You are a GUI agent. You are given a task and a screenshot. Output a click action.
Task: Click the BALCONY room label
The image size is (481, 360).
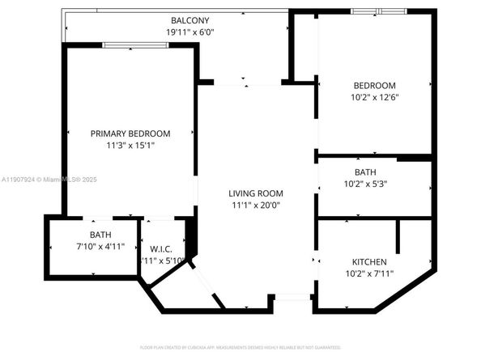189,20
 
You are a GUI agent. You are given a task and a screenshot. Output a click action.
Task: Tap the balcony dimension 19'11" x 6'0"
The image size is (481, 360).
189,32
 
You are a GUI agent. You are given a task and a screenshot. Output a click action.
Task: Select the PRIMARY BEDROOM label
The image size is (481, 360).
130,133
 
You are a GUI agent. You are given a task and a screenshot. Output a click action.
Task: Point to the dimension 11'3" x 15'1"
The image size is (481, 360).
130,146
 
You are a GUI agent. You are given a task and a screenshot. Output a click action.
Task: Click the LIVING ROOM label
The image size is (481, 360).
255,193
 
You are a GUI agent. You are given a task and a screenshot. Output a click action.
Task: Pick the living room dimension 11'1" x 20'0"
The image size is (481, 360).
255,205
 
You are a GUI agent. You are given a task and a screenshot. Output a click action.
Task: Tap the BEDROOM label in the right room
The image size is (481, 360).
374,86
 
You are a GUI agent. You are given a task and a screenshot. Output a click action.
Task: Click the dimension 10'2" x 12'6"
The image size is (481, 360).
374,97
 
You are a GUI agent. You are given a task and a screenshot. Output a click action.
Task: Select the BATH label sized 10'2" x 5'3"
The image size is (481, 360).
365,172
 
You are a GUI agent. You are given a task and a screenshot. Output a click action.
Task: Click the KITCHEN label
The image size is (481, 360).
368,262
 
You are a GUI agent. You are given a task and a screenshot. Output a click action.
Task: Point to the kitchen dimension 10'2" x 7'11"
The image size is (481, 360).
368,274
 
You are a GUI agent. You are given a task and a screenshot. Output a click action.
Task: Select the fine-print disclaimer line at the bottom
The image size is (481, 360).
240,347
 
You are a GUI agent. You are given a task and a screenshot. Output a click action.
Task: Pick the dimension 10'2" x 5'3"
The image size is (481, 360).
365,184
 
